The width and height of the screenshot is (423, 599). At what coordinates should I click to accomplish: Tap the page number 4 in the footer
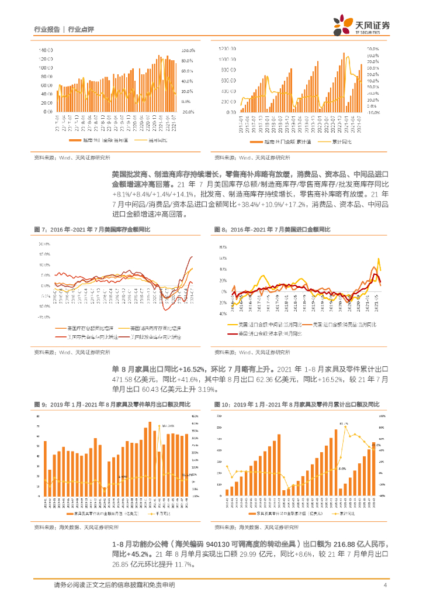(385, 585)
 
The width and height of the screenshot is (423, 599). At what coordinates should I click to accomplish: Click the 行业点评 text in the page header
(81, 29)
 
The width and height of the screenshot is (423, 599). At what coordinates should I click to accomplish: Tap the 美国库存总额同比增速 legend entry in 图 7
(87, 328)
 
